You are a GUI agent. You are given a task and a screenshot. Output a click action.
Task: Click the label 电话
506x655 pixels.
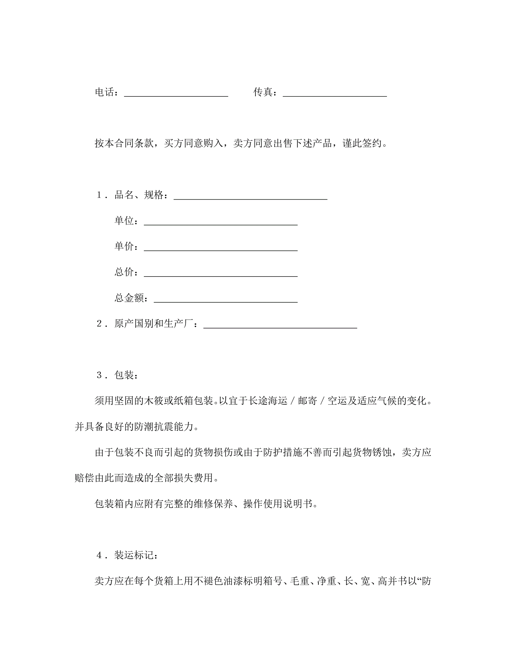[x=105, y=92]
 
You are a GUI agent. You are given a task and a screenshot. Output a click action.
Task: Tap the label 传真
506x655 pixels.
[x=263, y=92]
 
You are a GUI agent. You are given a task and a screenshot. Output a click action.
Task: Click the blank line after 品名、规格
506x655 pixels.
[x=250, y=197]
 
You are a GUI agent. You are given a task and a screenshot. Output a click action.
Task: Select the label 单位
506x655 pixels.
[x=124, y=221]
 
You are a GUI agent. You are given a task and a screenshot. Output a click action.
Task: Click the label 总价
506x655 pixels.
[x=124, y=272]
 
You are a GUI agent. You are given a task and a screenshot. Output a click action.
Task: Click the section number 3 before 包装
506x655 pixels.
[x=99, y=375]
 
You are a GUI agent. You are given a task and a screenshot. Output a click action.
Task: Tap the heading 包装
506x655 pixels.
[x=124, y=375]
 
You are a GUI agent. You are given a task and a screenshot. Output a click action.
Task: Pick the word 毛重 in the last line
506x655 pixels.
[x=300, y=581]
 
